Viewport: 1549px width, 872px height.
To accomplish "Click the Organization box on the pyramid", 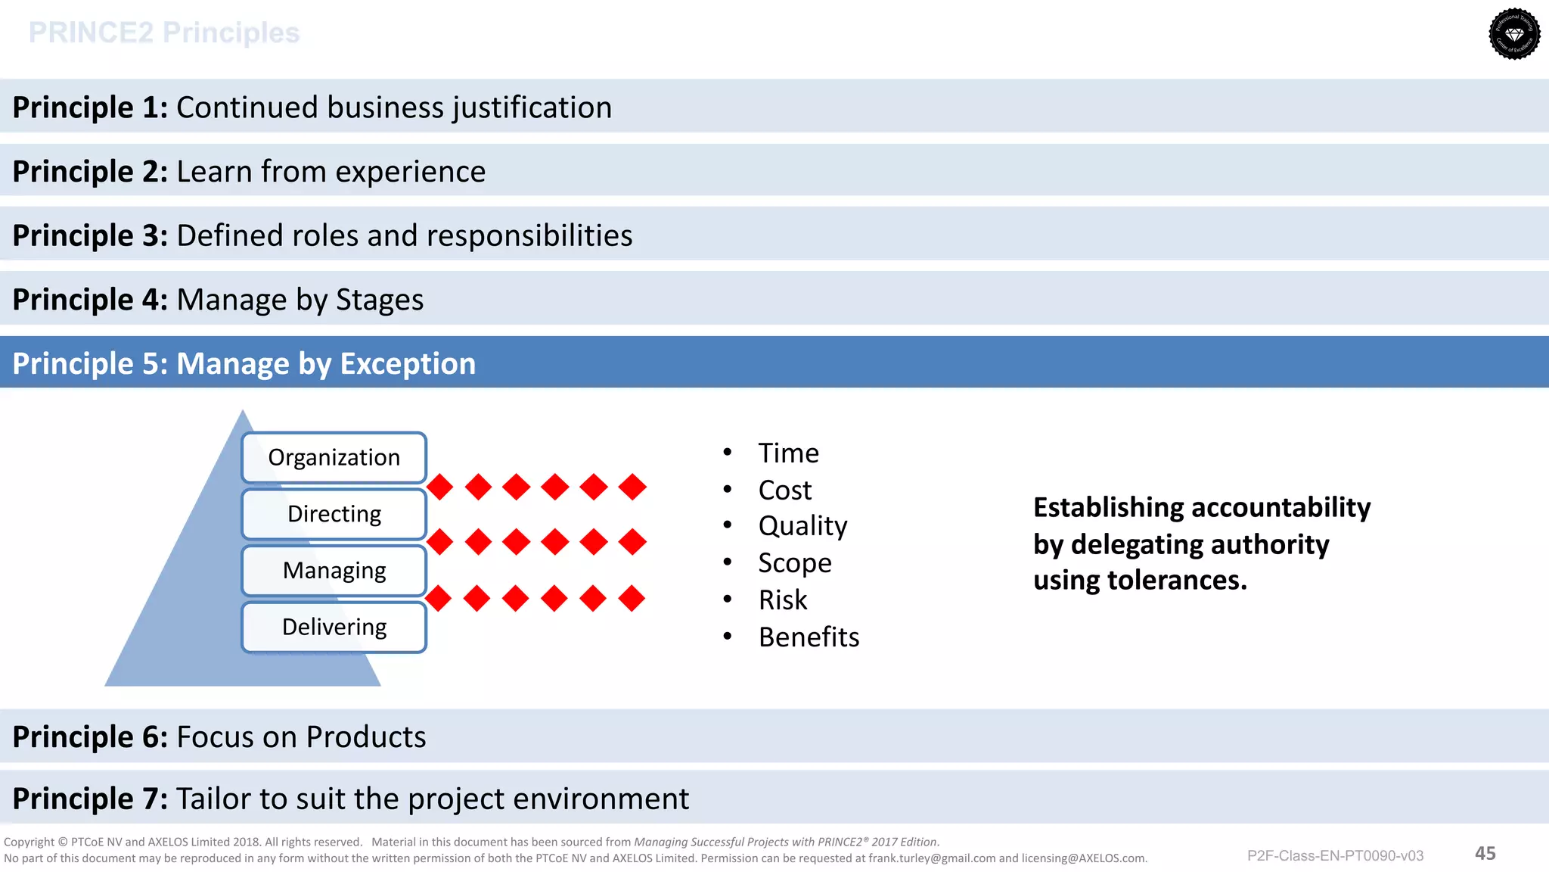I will (334, 457).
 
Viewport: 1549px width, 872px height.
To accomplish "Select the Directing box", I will (334, 514).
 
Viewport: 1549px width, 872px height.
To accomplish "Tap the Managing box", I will (334, 570).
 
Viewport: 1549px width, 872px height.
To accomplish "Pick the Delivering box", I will (334, 627).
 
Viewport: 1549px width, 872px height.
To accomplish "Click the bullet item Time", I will (788, 453).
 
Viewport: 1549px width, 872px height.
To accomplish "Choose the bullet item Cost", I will (784, 490).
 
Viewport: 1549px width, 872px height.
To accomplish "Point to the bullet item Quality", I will (802, 526).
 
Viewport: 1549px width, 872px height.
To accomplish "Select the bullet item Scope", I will (794, 563).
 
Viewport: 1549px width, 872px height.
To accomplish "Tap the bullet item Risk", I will (782, 599).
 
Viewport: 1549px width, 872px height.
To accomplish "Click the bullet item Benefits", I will (809, 637).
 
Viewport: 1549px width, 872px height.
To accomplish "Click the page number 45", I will (1485, 854).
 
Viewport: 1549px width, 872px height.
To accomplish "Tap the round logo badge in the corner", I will (1514, 34).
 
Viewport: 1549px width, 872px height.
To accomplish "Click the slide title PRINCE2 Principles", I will (164, 33).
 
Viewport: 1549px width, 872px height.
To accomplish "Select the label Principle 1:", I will (90, 107).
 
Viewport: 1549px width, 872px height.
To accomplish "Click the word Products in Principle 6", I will (366, 737).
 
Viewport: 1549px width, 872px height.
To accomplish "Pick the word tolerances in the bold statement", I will (1177, 580).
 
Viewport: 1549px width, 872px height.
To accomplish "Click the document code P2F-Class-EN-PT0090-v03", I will (1335, 856).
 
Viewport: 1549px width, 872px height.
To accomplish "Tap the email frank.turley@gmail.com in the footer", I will (932, 858).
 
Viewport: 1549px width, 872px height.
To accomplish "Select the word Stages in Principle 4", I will (380, 300).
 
